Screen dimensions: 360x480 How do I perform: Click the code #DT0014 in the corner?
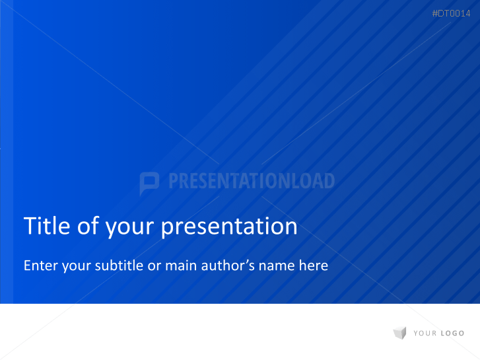point(451,14)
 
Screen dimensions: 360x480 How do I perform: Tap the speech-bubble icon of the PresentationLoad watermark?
point(150,182)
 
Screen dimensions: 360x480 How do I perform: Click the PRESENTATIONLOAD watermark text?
point(252,182)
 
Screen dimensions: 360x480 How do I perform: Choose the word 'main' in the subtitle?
point(183,266)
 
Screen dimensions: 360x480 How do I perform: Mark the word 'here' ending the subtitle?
point(313,266)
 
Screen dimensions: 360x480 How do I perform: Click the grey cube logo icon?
point(399,333)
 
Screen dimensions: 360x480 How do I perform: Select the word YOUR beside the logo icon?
point(425,334)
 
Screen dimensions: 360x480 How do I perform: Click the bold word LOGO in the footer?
point(452,334)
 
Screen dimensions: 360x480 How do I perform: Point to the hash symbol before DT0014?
point(435,14)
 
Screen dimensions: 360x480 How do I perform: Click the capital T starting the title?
point(29,226)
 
